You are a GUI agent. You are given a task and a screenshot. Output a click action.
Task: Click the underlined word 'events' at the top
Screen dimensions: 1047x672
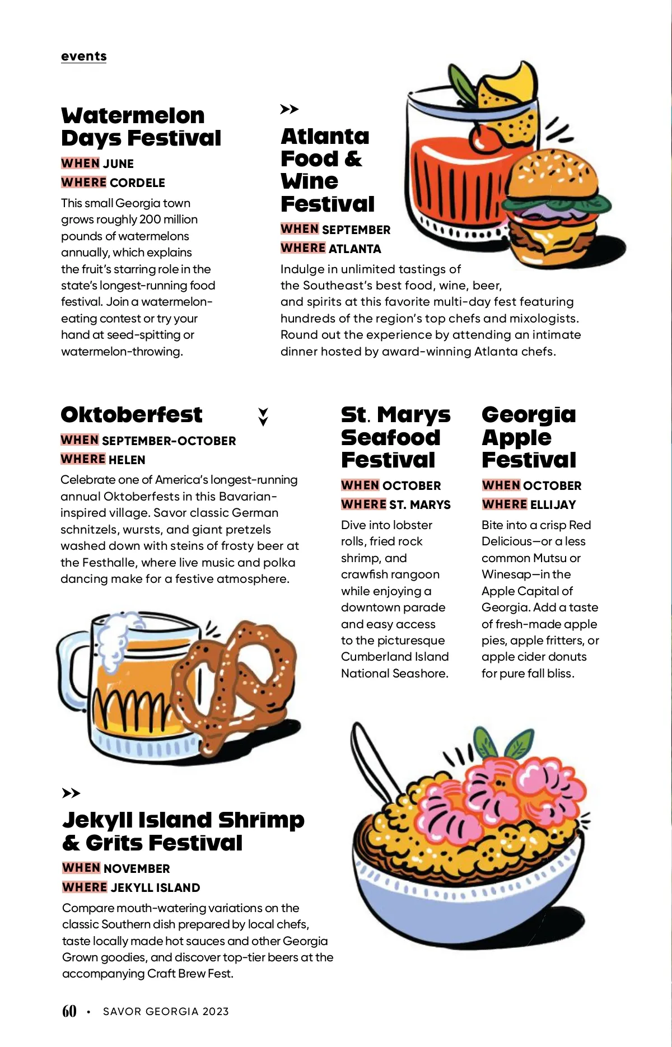coord(83,56)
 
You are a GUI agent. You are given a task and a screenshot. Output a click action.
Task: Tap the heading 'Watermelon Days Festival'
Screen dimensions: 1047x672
coord(141,127)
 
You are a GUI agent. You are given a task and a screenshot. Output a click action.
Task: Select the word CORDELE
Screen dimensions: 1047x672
coord(137,183)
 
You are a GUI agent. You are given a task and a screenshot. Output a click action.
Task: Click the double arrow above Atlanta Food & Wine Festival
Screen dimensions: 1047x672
coord(289,109)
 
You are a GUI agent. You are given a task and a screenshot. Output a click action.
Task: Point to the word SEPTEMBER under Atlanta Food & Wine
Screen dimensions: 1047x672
coord(356,230)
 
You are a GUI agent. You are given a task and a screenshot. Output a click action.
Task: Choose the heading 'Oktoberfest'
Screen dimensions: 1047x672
coord(131,415)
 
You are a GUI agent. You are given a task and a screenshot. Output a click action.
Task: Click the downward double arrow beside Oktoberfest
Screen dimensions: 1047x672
coord(263,417)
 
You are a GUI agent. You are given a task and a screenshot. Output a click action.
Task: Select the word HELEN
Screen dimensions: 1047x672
coord(127,460)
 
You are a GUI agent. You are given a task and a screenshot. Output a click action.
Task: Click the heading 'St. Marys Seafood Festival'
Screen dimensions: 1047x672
coord(395,437)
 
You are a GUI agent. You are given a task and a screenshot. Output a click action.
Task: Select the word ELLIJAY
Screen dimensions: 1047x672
coord(553,504)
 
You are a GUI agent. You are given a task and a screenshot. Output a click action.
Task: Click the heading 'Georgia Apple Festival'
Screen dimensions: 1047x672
coord(529,437)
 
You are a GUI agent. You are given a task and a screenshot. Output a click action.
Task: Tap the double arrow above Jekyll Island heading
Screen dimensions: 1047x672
coord(71,793)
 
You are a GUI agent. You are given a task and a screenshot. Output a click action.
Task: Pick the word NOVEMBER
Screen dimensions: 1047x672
coord(137,868)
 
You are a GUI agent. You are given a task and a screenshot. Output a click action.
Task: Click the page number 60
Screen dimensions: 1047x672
coord(69,1011)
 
